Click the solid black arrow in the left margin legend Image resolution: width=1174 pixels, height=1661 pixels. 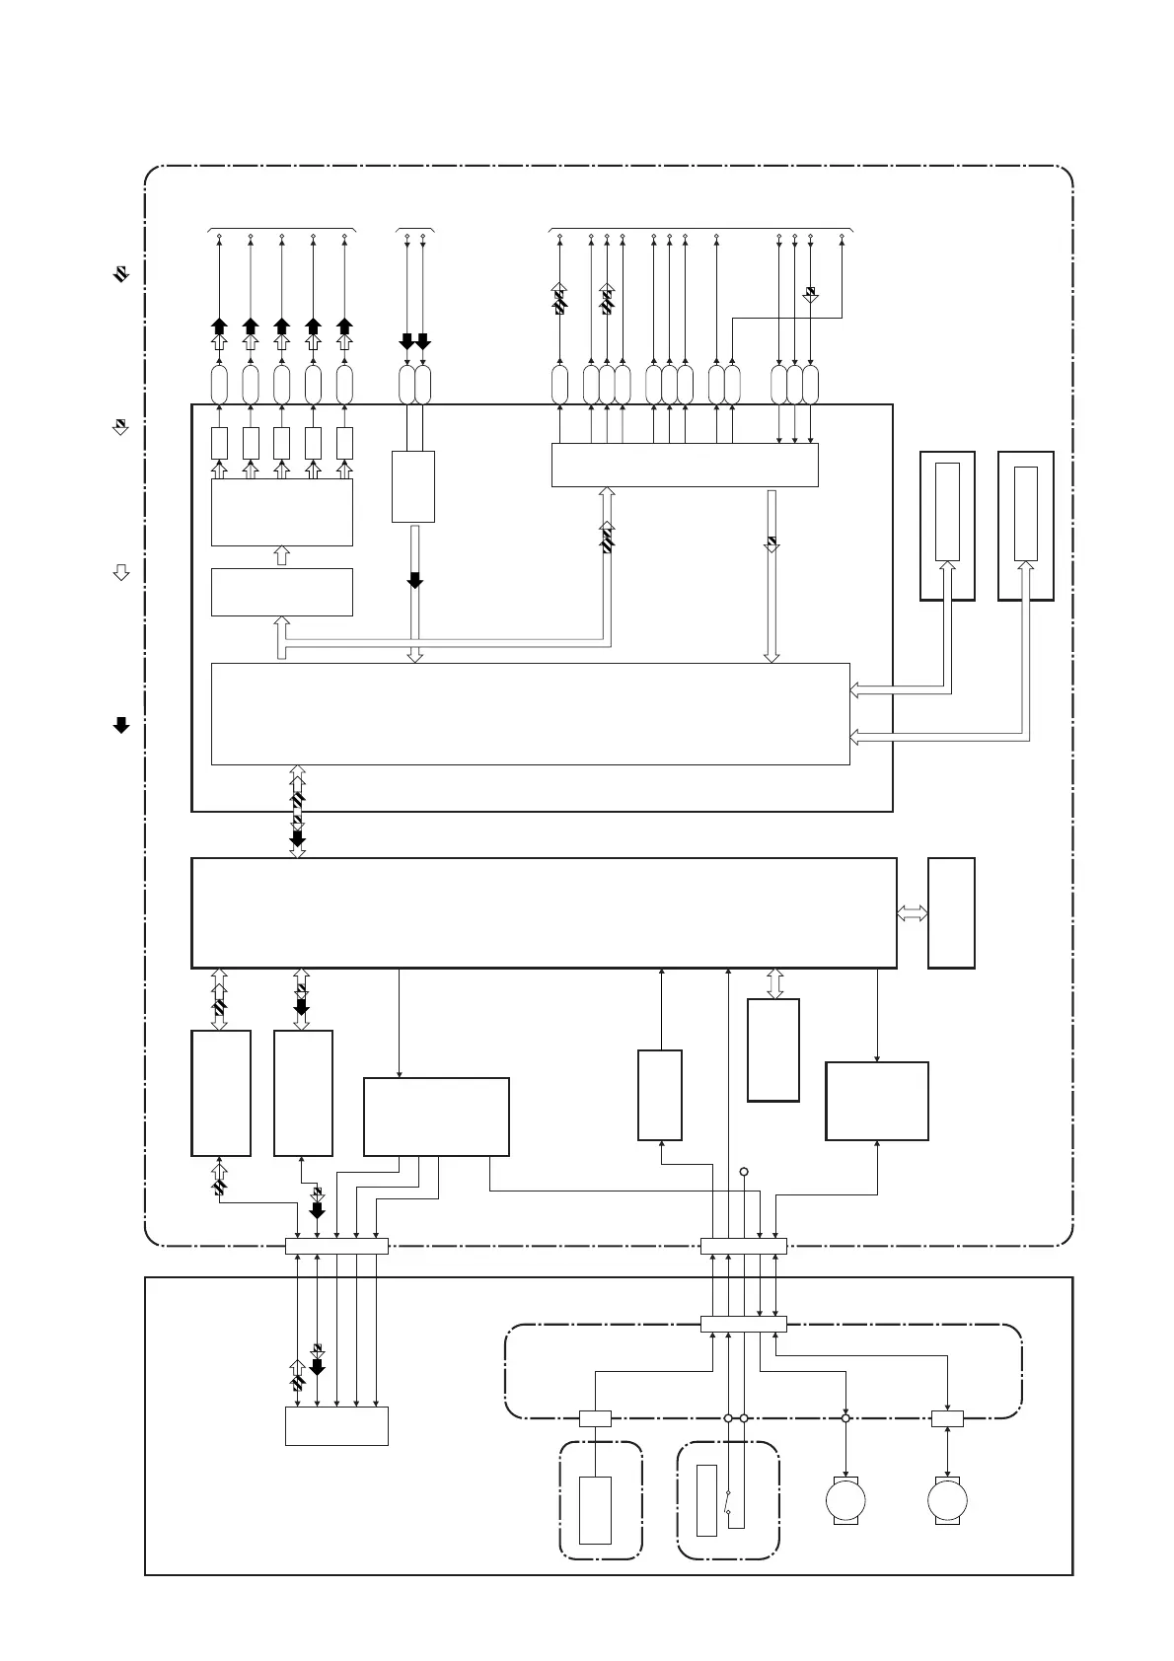[121, 726]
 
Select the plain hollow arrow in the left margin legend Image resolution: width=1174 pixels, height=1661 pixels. [121, 573]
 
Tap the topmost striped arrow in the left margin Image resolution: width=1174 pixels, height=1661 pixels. [120, 275]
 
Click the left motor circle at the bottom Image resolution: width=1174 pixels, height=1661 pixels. [845, 1500]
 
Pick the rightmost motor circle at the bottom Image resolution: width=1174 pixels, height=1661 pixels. [947, 1500]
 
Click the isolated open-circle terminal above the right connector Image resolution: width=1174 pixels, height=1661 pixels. [744, 1172]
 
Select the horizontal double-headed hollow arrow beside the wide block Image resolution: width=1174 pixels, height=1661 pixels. [913, 913]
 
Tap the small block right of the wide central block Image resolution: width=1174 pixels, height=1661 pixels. [951, 913]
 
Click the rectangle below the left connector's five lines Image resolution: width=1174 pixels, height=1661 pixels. [336, 1425]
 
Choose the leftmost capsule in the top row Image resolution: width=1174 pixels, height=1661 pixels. [219, 384]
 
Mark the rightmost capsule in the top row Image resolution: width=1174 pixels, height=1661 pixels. [810, 384]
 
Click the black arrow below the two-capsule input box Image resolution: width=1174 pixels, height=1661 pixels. [415, 580]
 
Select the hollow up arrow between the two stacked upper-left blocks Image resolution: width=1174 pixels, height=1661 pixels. [281, 556]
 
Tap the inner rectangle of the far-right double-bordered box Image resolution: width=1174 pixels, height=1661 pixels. [1025, 513]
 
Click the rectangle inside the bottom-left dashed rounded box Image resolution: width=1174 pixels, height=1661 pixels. [595, 1509]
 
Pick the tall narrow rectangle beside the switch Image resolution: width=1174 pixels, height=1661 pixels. [706, 1500]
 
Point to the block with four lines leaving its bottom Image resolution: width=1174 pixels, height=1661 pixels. [436, 1117]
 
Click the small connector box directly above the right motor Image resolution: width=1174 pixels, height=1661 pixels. [947, 1419]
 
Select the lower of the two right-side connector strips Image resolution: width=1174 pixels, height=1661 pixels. [743, 1324]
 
